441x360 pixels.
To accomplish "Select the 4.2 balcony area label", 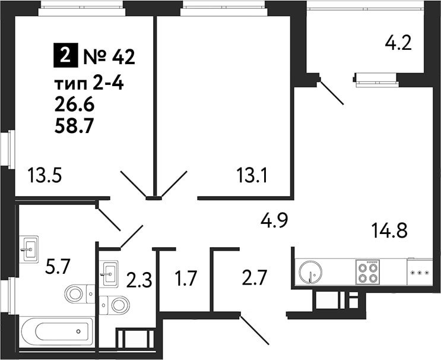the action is (398, 43).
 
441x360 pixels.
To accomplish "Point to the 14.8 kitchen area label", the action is (389, 230).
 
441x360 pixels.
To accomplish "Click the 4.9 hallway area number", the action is (274, 220).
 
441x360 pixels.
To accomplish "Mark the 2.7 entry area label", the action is (254, 277).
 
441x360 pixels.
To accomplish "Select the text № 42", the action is (109, 57).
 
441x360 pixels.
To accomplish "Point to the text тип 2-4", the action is (89, 84).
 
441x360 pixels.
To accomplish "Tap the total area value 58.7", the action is (74, 126).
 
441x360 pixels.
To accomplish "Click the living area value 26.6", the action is (75, 105).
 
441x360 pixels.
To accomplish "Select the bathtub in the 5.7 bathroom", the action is (57, 332).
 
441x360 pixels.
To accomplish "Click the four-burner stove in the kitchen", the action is (367, 272).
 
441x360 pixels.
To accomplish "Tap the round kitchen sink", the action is (310, 272).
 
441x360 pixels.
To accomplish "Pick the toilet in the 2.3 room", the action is (114, 305).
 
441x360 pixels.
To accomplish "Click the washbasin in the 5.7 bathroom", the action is (29, 249).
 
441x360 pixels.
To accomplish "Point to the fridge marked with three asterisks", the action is (420, 273).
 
